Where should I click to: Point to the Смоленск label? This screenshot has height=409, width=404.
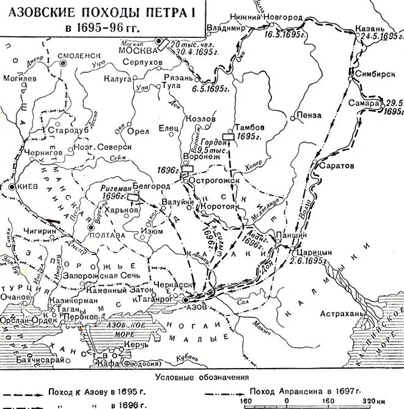pyautogui.click(x=79, y=54)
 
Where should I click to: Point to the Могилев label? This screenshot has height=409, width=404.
pyautogui.click(x=20, y=79)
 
